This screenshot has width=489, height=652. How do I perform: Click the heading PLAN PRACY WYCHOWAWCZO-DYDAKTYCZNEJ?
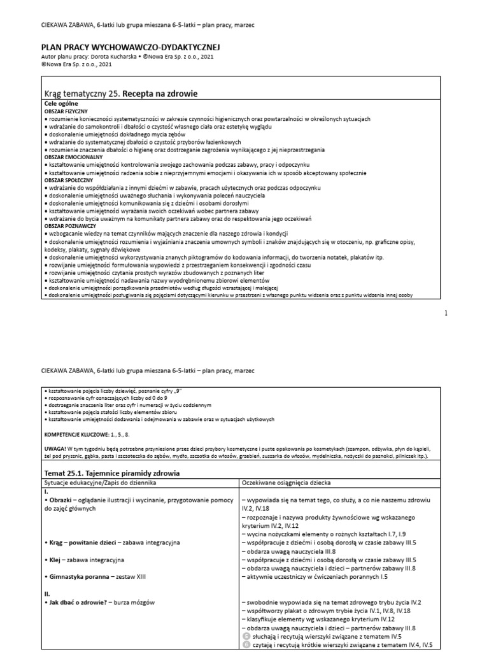click(131, 48)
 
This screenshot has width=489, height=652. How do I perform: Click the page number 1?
click(446, 313)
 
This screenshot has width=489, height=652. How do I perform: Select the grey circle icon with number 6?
click(246, 645)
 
